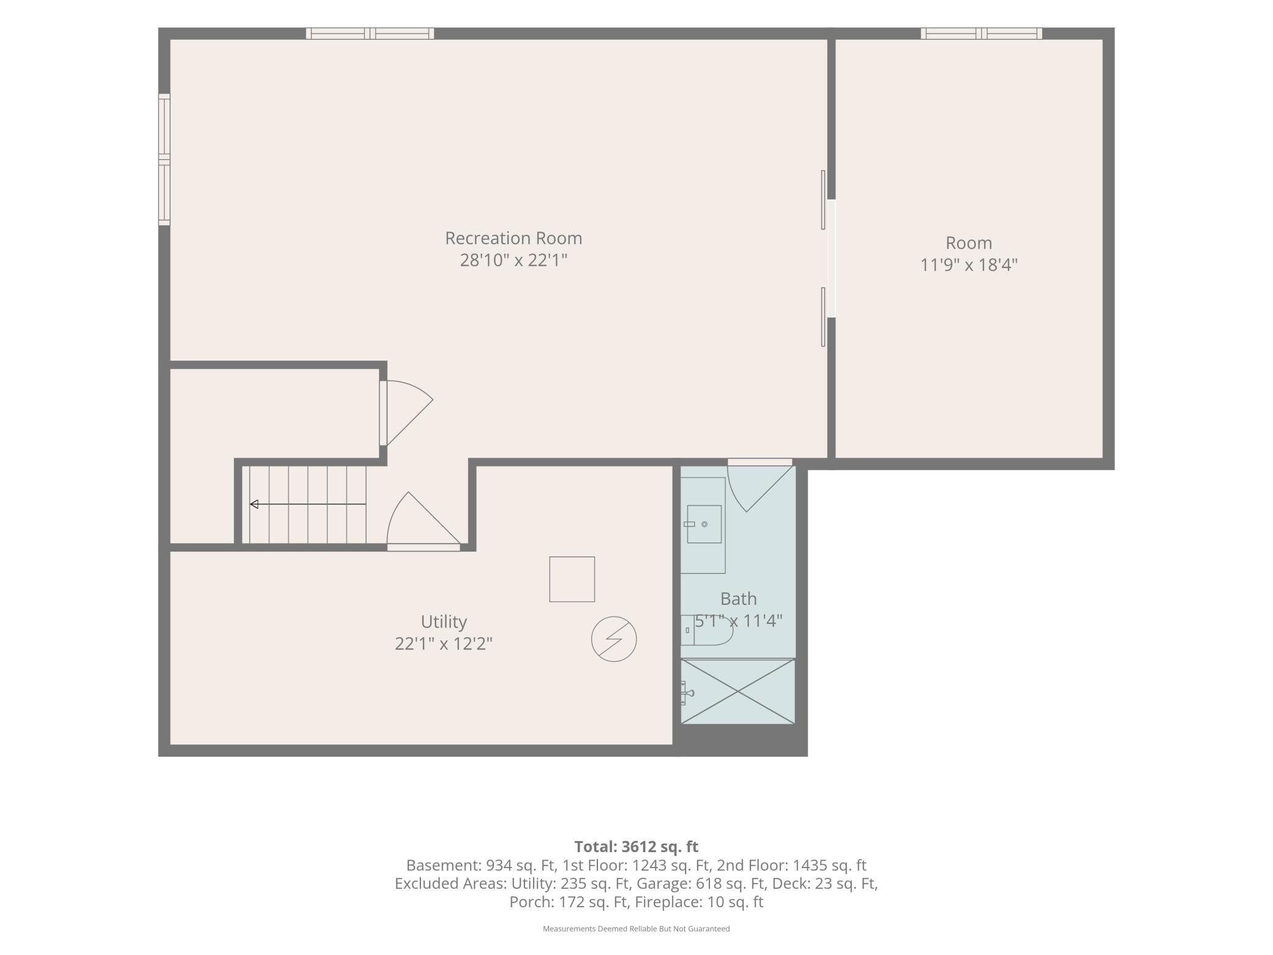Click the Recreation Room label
click(513, 238)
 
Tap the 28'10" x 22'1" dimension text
click(513, 260)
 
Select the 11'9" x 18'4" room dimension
click(969, 265)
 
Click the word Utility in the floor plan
click(444, 622)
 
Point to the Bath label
click(738, 599)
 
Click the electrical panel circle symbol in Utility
click(614, 639)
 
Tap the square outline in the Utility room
click(572, 579)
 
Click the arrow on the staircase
click(308, 504)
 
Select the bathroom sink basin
click(704, 524)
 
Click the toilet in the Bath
click(706, 630)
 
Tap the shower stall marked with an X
click(738, 691)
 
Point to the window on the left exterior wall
click(164, 159)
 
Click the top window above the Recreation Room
click(370, 34)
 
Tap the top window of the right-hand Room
click(982, 34)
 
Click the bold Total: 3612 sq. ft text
click(636, 847)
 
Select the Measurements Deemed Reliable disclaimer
click(636, 929)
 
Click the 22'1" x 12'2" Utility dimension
click(444, 644)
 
